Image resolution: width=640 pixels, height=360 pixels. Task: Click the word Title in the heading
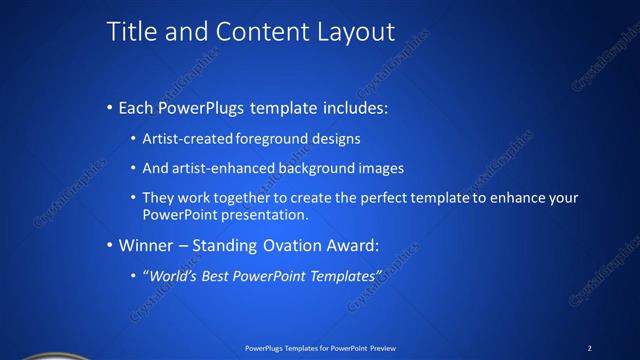131,32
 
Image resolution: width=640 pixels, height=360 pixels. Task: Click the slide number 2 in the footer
589,347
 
